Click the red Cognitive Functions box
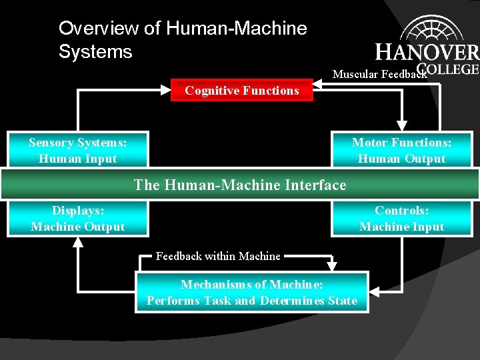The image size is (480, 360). (241, 91)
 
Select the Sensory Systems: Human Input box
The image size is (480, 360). (78, 150)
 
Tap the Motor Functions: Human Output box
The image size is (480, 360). (401, 150)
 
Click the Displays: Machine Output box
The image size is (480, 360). (78, 219)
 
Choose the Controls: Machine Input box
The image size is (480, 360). (401, 219)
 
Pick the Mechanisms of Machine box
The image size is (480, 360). (251, 292)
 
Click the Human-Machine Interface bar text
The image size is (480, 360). (240, 185)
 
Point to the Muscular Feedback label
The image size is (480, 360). (379, 74)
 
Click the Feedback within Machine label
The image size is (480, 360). (218, 256)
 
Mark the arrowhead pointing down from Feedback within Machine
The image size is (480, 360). (332, 266)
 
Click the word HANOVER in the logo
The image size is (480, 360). (427, 52)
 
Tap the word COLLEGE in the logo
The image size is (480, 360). (448, 68)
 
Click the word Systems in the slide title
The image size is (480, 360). (95, 51)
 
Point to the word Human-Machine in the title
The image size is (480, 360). (236, 29)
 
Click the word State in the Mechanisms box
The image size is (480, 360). (342, 301)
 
